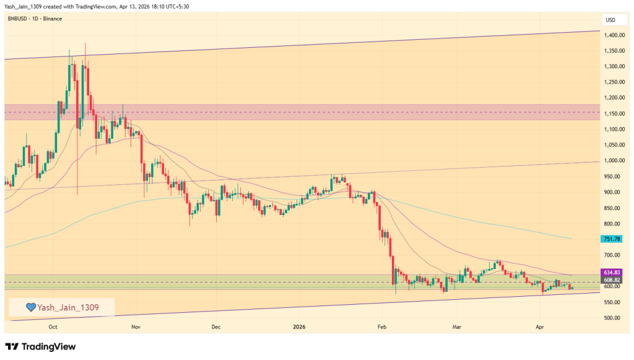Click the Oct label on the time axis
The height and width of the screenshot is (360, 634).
(x=53, y=326)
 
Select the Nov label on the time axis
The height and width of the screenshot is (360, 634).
(x=136, y=326)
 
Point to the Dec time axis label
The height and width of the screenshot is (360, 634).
(x=216, y=326)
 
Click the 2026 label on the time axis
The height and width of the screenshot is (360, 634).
(x=299, y=326)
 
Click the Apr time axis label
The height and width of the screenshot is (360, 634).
(x=539, y=326)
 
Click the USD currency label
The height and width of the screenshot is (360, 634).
(x=610, y=20)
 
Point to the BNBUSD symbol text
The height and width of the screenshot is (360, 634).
(x=18, y=19)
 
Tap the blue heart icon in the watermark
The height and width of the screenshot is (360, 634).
(x=29, y=307)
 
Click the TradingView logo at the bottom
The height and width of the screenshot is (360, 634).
(x=40, y=346)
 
